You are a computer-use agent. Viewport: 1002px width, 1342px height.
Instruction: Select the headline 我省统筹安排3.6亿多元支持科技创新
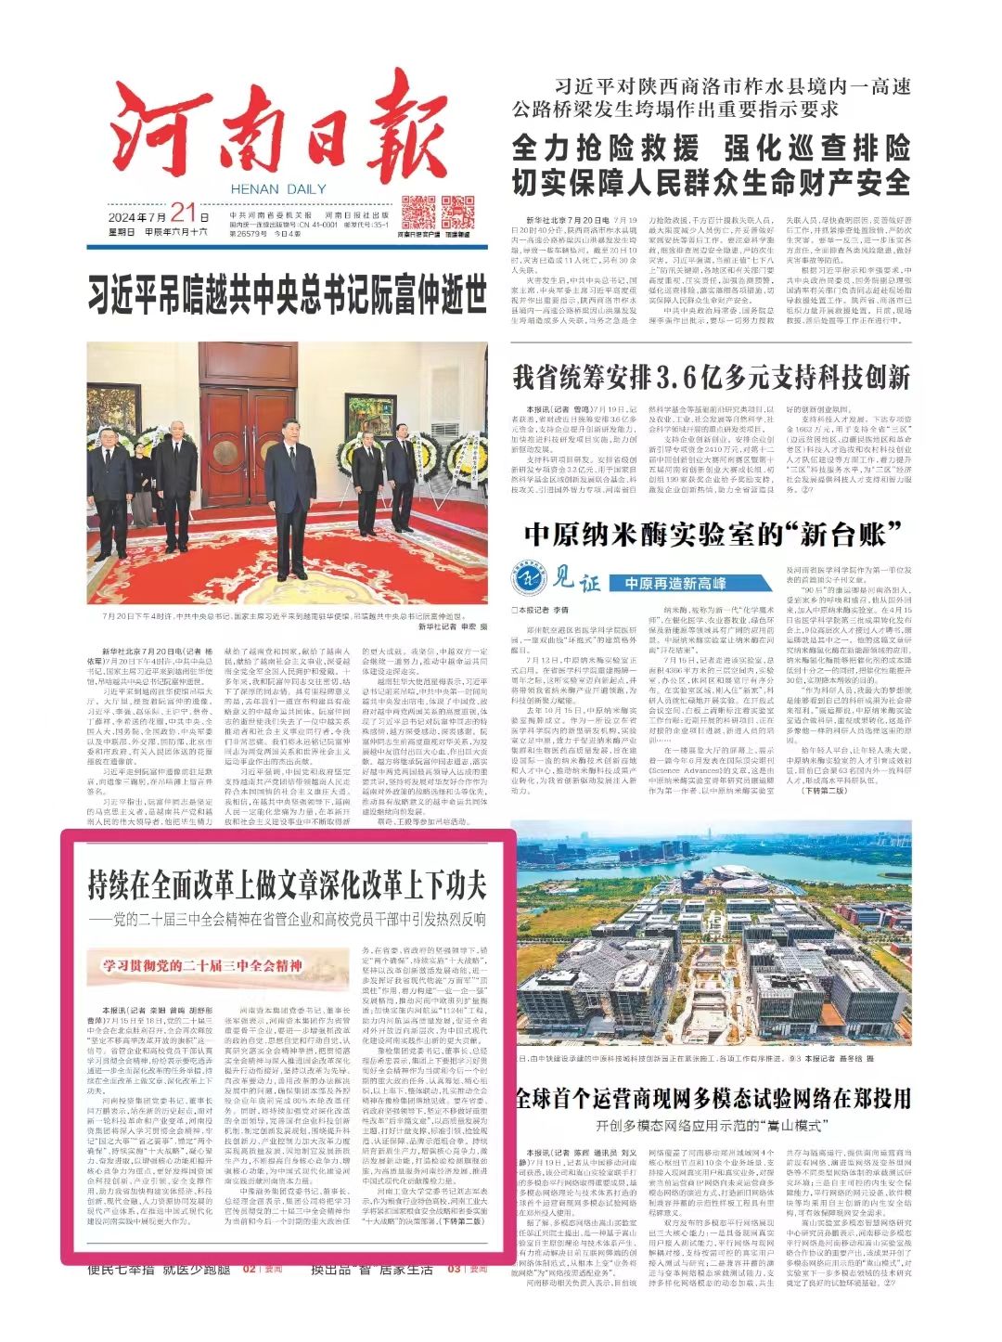(711, 379)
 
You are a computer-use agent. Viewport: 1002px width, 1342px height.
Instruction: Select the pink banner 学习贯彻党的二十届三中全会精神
(204, 966)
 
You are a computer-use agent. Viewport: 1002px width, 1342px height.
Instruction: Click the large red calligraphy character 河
(153, 135)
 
